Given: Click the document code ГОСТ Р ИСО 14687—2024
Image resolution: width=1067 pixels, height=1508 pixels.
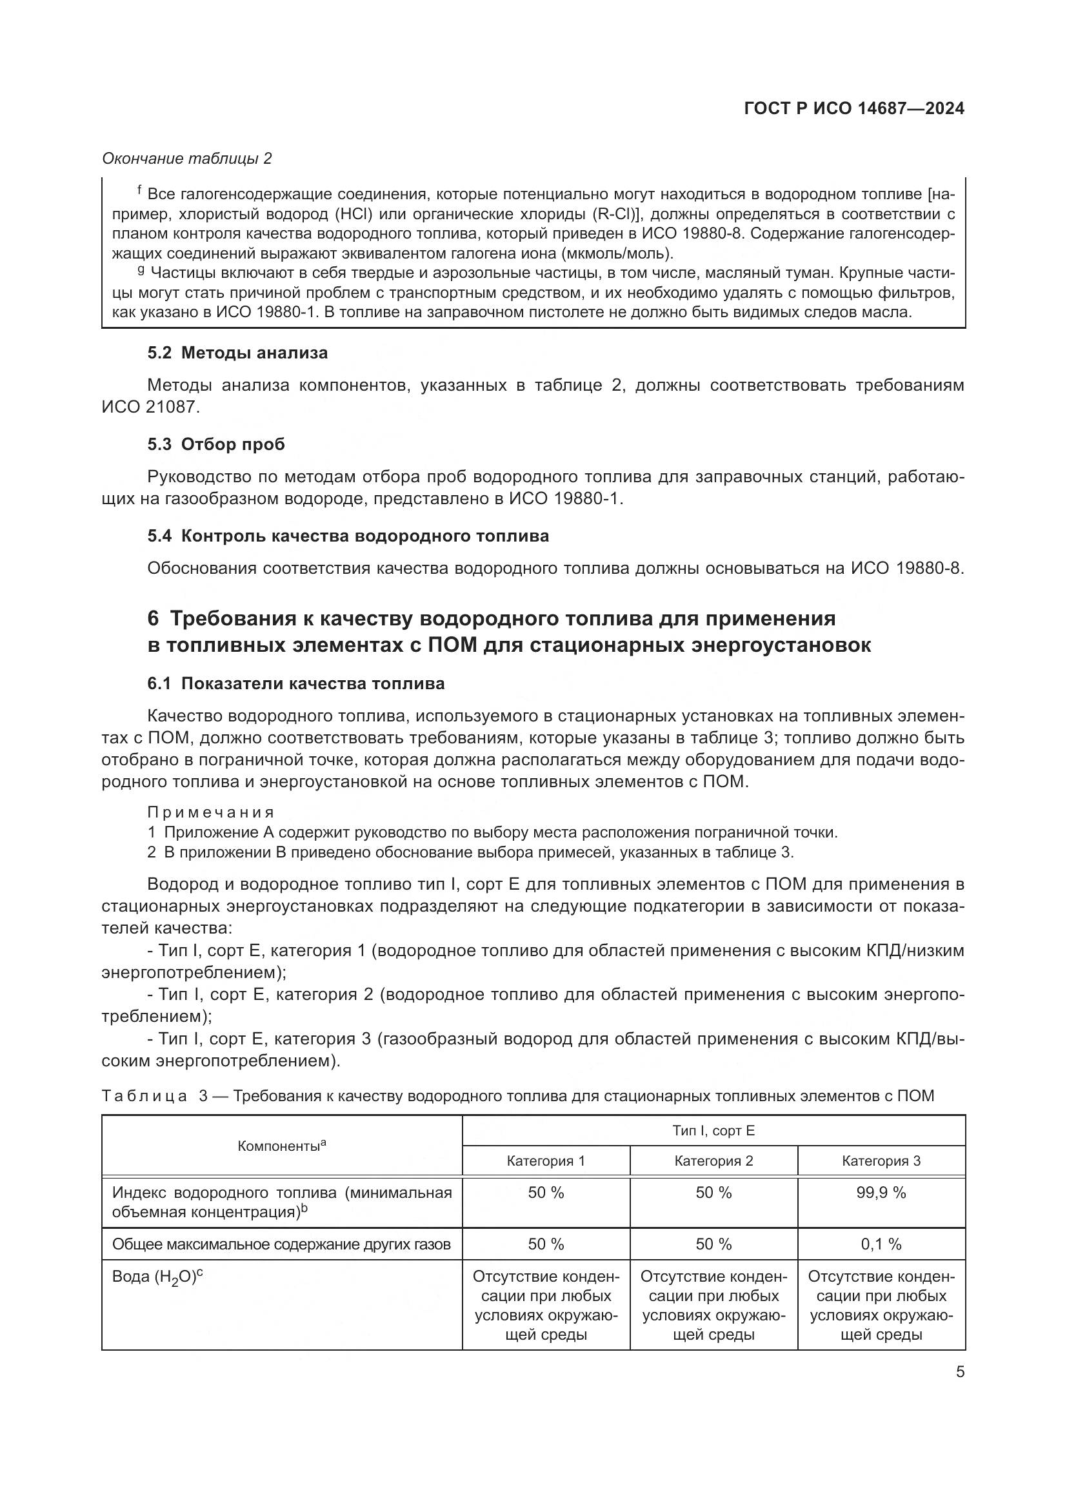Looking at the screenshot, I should point(854,108).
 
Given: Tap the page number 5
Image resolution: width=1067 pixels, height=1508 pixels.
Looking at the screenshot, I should point(960,1371).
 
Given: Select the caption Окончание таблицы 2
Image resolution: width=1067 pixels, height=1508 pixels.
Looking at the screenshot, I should point(187,159).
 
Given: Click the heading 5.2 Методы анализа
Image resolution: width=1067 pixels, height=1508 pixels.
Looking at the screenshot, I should point(237,353).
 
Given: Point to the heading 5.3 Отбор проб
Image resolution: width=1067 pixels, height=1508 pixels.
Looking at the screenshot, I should point(216,445).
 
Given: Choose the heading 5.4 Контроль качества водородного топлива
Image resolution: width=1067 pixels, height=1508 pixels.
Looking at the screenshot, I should point(348,536).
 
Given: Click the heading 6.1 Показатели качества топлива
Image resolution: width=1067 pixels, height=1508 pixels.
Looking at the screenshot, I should point(295,683).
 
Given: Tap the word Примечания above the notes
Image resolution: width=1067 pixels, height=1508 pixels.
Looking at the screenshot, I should point(211,812).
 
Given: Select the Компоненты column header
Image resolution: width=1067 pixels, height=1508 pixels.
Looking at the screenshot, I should point(282,1146).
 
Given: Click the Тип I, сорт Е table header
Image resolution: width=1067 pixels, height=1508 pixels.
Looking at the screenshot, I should point(713,1130).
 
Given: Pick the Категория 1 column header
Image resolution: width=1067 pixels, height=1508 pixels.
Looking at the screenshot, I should point(545,1160).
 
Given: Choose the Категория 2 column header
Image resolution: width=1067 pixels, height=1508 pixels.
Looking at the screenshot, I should point(713,1160).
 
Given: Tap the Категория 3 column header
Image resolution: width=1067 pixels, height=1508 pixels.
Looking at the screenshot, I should point(881,1160).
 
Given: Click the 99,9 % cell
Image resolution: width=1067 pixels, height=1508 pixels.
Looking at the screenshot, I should point(881,1193).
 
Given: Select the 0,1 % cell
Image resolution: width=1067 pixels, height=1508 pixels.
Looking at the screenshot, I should point(881,1244).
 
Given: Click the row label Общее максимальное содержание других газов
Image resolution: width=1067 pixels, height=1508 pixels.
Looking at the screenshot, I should point(281,1244).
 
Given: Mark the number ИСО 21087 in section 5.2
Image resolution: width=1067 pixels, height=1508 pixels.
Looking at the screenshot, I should point(150,407).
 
